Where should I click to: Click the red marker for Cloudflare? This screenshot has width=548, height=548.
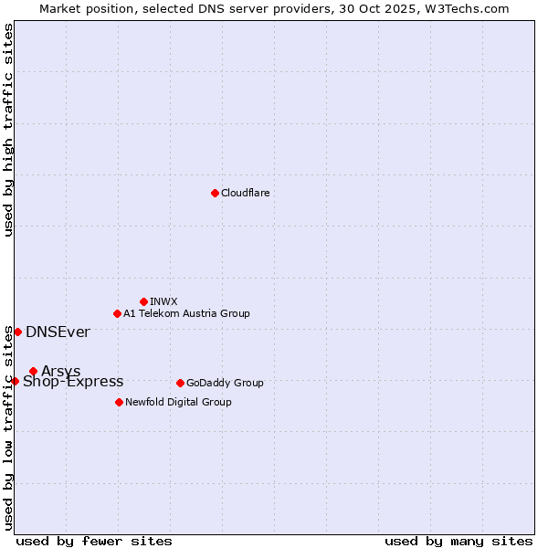pos(215,193)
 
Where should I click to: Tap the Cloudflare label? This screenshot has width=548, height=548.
pos(246,193)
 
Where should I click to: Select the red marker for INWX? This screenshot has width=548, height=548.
pos(143,301)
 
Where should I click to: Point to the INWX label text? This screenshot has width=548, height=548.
pos(163,301)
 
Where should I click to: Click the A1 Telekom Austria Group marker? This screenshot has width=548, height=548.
pos(117,313)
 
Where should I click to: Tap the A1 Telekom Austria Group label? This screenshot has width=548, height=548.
pos(186,313)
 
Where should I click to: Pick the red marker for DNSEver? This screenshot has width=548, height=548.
pos(17,332)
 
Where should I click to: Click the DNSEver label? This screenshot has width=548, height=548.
pos(58,332)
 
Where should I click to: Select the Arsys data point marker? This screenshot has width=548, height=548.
pos(33,371)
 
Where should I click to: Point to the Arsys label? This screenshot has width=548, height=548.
pos(61,371)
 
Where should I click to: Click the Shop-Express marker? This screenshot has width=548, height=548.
pos(15,381)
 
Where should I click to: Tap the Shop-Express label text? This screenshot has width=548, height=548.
pos(73,382)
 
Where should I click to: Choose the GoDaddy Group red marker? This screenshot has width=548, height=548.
pos(180,383)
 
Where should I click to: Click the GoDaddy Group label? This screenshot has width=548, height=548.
pos(225,383)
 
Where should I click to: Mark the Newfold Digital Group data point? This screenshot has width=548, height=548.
pos(119,402)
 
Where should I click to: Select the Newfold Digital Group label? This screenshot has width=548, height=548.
pos(178,402)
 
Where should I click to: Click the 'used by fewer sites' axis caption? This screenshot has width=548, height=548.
pos(94,541)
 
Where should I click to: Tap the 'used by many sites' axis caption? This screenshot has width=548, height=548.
pos(458,541)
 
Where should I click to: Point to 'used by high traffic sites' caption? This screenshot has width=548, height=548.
pos(8,130)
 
